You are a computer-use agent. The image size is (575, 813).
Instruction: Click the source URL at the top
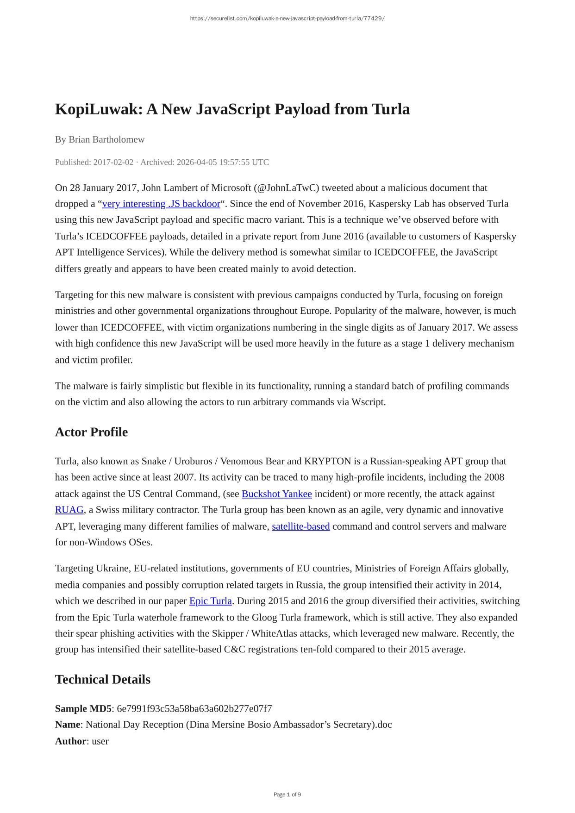(x=287, y=19)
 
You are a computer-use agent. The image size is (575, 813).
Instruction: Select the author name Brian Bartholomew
(x=106, y=139)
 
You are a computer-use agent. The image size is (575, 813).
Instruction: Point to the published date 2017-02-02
(x=113, y=162)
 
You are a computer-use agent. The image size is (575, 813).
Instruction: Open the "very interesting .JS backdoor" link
(x=161, y=204)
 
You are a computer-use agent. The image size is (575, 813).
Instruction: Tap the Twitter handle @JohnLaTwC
(x=287, y=188)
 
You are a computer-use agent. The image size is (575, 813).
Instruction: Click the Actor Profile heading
(x=91, y=432)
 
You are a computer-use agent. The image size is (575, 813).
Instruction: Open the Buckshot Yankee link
(x=276, y=494)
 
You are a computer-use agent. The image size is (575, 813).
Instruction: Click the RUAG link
(x=69, y=510)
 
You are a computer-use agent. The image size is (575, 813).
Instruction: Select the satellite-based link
(x=300, y=526)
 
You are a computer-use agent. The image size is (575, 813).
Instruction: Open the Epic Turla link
(x=210, y=601)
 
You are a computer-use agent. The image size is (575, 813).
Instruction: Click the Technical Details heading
(x=102, y=679)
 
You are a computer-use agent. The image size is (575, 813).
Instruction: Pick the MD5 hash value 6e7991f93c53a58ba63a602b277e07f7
(x=194, y=709)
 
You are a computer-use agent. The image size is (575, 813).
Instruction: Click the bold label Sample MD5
(x=83, y=709)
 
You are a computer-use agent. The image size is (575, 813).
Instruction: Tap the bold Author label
(x=70, y=741)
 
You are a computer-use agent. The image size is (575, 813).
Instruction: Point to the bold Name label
(x=68, y=725)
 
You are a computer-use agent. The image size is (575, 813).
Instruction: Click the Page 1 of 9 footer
(x=287, y=794)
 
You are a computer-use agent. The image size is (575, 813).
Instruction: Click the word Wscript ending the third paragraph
(x=368, y=402)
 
